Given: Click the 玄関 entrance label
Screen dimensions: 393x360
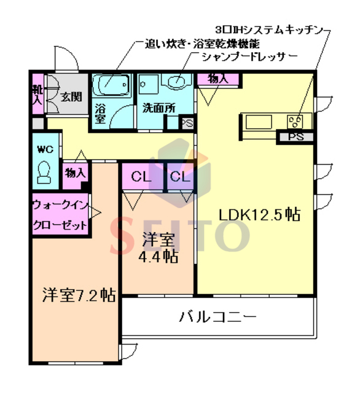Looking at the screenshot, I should pyautogui.click(x=71, y=96).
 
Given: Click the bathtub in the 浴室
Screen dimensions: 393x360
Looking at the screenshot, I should pyautogui.click(x=111, y=84).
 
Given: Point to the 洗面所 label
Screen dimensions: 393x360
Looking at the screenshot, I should pyautogui.click(x=158, y=107).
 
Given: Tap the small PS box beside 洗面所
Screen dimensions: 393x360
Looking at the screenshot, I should pyautogui.click(x=187, y=122).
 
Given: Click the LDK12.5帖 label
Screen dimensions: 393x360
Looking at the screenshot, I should pyautogui.click(x=260, y=215).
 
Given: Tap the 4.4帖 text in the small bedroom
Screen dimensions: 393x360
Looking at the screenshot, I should pyautogui.click(x=158, y=256).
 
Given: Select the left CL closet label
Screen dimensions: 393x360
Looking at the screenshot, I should pyautogui.click(x=141, y=178).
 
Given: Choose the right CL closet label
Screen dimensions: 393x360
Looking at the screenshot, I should pyautogui.click(x=180, y=178).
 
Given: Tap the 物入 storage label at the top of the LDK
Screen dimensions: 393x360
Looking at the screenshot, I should pyautogui.click(x=218, y=79).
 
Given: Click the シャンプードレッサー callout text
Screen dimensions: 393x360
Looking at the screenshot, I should pyautogui.click(x=249, y=56).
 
